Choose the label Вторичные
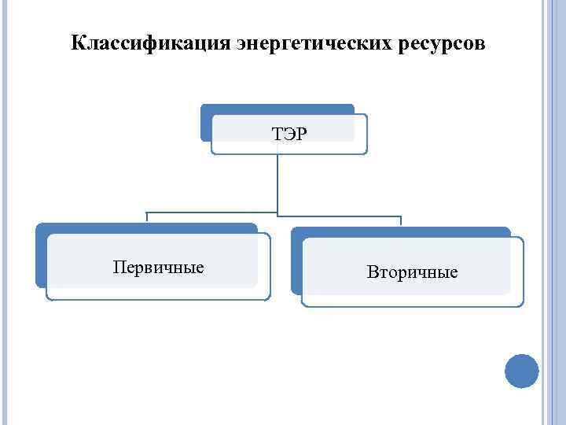[412, 272]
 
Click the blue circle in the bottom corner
[521, 371]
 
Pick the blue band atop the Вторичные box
[401, 231]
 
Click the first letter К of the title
[76, 42]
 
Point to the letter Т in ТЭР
[277, 134]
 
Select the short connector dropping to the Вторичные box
[401, 220]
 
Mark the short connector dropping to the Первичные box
[146, 217]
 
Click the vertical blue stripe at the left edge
[3, 213]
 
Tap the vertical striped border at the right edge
[553, 213]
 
